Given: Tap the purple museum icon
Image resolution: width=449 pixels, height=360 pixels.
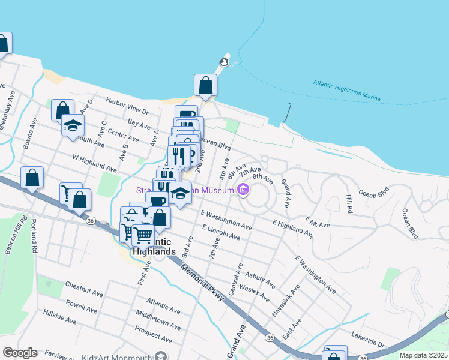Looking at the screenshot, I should (243, 191).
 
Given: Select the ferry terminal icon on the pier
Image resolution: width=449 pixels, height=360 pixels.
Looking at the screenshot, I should (224, 62).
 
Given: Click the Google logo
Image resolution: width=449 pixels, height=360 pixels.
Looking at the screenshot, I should (20, 353).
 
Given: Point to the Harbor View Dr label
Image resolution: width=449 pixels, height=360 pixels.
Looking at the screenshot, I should (127, 106).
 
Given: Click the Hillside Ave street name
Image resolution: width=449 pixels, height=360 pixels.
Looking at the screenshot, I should (60, 317).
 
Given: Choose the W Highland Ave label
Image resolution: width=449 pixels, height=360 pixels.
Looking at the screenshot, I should (94, 163).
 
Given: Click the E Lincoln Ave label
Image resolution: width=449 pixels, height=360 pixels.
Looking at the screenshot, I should (221, 233).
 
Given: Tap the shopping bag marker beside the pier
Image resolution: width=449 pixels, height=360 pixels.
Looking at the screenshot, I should (206, 85).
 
